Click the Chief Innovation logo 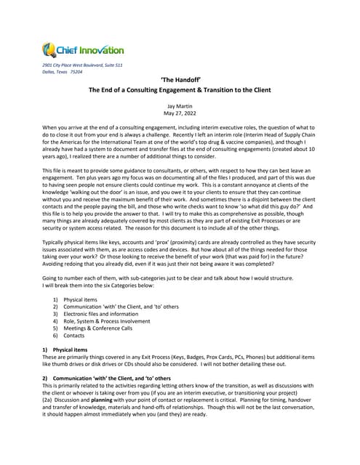[x=83, y=50]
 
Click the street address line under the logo [x=81, y=65]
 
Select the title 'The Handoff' [x=179, y=79]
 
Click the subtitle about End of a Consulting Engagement [x=179, y=90]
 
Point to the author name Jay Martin [x=179, y=106]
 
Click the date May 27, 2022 [x=179, y=113]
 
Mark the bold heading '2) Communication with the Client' [x=106, y=379]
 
